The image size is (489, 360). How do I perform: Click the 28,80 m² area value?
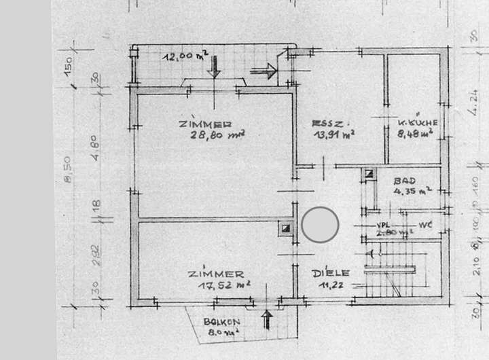click(218, 135)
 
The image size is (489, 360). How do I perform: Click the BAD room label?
click(406, 181)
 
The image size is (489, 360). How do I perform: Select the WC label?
click(426, 223)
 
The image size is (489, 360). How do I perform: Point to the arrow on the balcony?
click(267, 319)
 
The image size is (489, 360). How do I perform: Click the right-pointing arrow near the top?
click(264, 69)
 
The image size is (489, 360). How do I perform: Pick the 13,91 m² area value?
click(331, 135)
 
